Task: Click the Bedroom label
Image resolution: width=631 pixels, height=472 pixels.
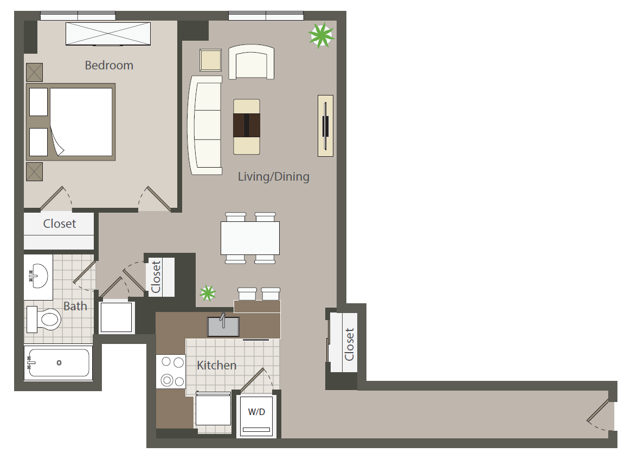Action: [x=109, y=65]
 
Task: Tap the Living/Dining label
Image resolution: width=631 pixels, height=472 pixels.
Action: [x=274, y=176]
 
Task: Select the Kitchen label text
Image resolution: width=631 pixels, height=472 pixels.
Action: [x=216, y=365]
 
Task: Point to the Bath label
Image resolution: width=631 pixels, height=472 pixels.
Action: [x=75, y=306]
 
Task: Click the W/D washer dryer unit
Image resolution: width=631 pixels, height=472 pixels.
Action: [x=257, y=416]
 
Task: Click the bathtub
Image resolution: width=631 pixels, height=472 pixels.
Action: [x=59, y=362]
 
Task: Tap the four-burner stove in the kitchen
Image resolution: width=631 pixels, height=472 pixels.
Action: [x=171, y=371]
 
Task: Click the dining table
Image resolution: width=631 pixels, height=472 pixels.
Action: [x=250, y=238]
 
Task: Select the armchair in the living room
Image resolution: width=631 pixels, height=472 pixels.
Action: [x=252, y=62]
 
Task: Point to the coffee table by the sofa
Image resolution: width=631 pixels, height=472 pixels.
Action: [x=247, y=127]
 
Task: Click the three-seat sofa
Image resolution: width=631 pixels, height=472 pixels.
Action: [x=205, y=125]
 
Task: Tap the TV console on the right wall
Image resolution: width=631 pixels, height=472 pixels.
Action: [x=326, y=126]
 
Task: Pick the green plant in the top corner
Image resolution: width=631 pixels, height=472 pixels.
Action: [x=321, y=35]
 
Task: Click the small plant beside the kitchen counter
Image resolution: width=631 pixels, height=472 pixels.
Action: [x=208, y=293]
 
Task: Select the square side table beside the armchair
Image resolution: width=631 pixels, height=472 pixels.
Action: [x=210, y=60]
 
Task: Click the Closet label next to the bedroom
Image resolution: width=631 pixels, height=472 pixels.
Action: [x=60, y=224]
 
